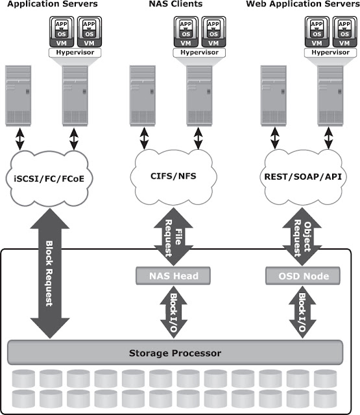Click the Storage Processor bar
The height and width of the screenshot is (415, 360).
coord(174,353)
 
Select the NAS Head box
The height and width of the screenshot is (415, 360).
coord(174,276)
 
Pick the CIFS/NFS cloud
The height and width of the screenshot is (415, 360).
coord(174,174)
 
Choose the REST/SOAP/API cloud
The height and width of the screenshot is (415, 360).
coord(304,174)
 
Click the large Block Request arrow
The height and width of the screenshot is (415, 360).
coord(51,279)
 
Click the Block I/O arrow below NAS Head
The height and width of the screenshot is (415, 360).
coord(174,313)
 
